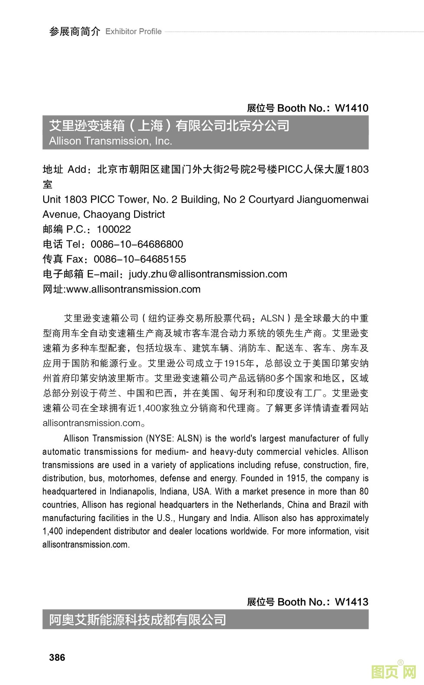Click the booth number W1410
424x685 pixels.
pyautogui.click(x=351, y=108)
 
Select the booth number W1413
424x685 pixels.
pyautogui.click(x=351, y=602)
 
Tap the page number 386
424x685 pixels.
pyautogui.click(x=57, y=657)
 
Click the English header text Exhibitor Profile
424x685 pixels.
pyautogui.click(x=133, y=32)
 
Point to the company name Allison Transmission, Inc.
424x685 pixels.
pyautogui.click(x=110, y=141)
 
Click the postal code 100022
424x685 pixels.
pyautogui.click(x=113, y=229)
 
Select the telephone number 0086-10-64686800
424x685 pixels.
pyautogui.click(x=137, y=244)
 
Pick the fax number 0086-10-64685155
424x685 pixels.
pyautogui.click(x=140, y=259)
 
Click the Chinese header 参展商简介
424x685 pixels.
pyautogui.click(x=74, y=32)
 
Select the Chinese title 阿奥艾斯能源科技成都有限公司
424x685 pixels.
pyautogui.click(x=138, y=620)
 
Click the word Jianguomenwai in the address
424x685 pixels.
pyautogui.click(x=332, y=199)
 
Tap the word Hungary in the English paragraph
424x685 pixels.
pyautogui.click(x=194, y=518)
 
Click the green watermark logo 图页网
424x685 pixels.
pyautogui.click(x=394, y=671)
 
